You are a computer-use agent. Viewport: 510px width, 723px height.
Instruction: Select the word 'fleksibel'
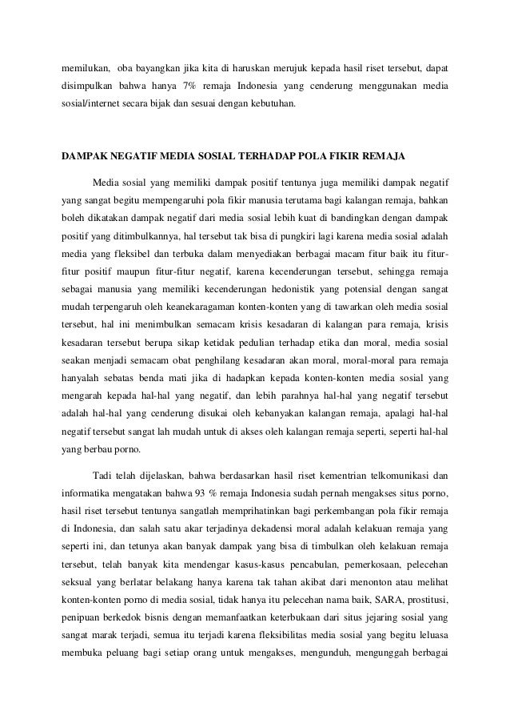(x=126, y=256)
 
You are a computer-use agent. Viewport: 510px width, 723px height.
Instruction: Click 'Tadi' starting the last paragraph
(x=103, y=471)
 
